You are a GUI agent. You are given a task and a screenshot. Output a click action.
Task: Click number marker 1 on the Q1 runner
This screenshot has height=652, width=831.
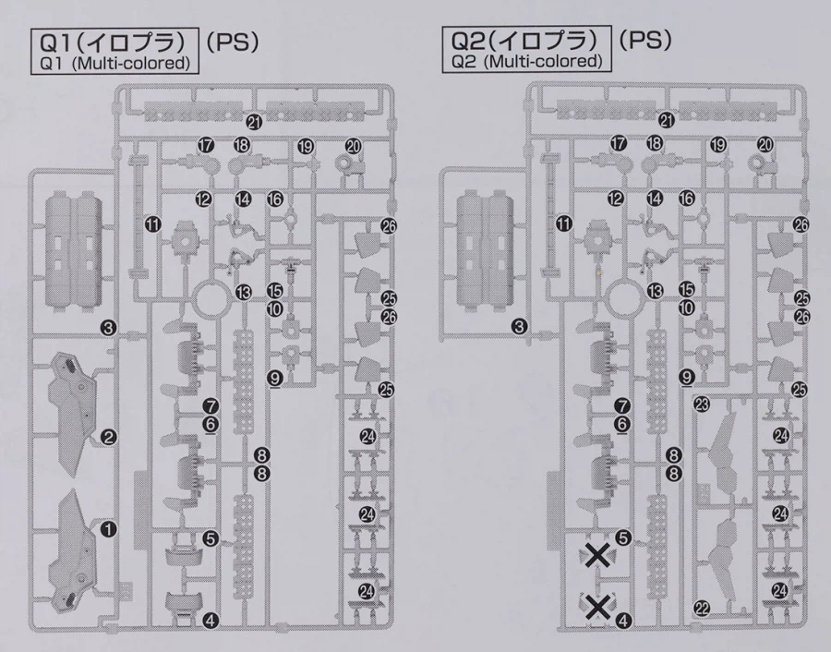[108, 528]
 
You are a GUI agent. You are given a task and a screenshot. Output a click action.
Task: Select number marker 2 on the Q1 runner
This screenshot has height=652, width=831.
[108, 438]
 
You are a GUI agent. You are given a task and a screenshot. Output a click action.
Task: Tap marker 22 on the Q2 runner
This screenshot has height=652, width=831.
[702, 608]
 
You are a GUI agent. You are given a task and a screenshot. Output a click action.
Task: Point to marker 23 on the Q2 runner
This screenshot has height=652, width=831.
[702, 405]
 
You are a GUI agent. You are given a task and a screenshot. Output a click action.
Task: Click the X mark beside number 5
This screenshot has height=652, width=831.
[597, 556]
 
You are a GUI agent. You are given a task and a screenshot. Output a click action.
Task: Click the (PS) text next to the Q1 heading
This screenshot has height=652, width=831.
[233, 42]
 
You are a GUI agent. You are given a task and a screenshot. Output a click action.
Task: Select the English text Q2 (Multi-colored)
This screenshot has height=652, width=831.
[527, 62]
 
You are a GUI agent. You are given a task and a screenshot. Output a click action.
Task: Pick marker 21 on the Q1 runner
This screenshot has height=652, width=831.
[255, 123]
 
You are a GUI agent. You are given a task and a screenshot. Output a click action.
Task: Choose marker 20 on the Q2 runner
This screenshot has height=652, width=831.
[765, 144]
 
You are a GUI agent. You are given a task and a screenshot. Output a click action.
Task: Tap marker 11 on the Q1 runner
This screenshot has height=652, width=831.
[152, 224]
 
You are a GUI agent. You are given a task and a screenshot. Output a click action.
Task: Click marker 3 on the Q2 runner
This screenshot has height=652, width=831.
[520, 327]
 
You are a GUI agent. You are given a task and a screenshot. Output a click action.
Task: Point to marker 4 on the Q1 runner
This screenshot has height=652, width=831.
[211, 620]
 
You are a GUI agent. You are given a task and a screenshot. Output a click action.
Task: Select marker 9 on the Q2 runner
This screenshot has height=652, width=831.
[687, 377]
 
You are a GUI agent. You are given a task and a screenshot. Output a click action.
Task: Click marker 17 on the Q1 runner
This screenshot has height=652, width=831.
[205, 144]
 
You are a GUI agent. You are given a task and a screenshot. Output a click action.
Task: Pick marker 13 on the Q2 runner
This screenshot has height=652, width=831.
[655, 291]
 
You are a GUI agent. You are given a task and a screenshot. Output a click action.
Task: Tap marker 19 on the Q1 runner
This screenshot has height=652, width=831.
[306, 146]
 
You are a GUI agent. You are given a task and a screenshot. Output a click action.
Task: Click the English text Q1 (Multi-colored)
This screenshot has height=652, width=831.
[115, 64]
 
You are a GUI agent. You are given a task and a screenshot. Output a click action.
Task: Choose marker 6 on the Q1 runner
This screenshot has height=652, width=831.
[211, 424]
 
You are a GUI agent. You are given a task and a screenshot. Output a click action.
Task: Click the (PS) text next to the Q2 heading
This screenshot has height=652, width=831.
[645, 40]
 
